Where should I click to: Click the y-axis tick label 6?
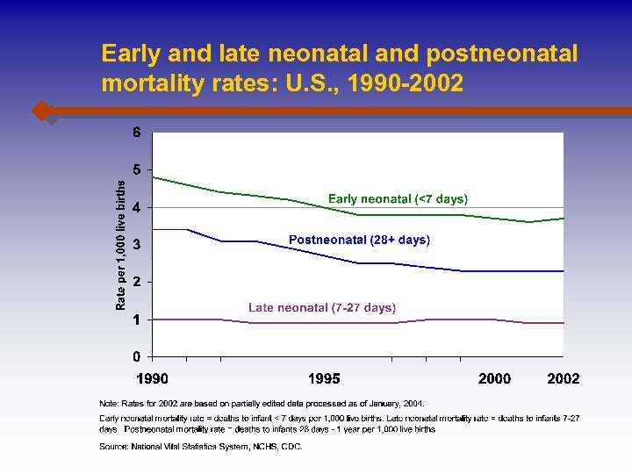136,133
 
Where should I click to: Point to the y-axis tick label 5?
136,169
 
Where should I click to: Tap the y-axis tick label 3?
136,244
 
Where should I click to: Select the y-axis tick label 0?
136,356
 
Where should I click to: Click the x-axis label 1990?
153,378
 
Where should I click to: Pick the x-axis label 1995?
323,378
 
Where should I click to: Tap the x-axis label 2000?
495,378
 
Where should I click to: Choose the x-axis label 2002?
563,378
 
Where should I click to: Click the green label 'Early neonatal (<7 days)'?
398,199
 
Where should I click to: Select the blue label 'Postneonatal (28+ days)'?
359,239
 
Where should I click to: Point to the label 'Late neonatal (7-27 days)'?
322,307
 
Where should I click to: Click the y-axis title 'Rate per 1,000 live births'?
121,244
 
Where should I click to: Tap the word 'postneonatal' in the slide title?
502,54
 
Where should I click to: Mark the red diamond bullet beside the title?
41,111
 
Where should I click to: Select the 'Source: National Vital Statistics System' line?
201,447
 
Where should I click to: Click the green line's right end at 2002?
563,218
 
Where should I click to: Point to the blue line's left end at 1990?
154,229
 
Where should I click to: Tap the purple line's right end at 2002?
563,323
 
